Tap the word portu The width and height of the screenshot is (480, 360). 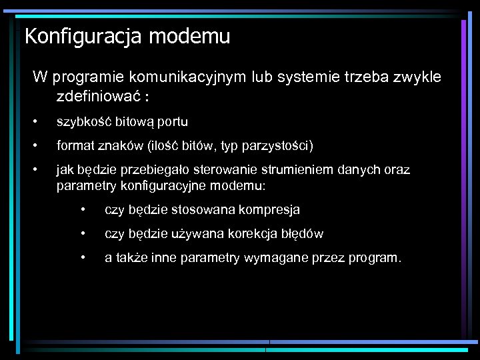pos(172,122)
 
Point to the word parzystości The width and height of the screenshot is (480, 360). pos(277,145)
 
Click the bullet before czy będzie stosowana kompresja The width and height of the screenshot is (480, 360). pos(83,210)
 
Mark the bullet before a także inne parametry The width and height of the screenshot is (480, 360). pos(83,257)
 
